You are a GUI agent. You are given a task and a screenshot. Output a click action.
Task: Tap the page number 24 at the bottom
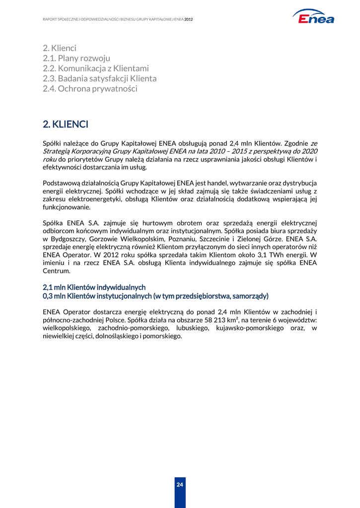click(180, 485)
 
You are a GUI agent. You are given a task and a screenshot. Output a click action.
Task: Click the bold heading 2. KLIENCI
click(66, 124)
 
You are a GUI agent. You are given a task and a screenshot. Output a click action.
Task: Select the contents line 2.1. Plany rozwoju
click(76, 58)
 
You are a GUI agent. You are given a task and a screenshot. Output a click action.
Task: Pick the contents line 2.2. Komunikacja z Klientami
click(96, 68)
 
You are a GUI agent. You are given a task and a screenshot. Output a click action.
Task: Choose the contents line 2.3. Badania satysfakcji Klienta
click(99, 78)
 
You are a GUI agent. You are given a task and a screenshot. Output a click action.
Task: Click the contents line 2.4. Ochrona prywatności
click(90, 89)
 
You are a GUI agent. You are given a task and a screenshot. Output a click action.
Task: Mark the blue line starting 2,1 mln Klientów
click(94, 287)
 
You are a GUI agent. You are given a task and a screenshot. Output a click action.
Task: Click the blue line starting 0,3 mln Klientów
click(155, 296)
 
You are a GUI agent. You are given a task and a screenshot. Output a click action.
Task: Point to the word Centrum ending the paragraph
click(57, 271)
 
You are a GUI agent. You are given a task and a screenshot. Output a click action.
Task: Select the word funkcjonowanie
click(66, 207)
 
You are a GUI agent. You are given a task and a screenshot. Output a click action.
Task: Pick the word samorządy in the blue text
click(247, 296)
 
